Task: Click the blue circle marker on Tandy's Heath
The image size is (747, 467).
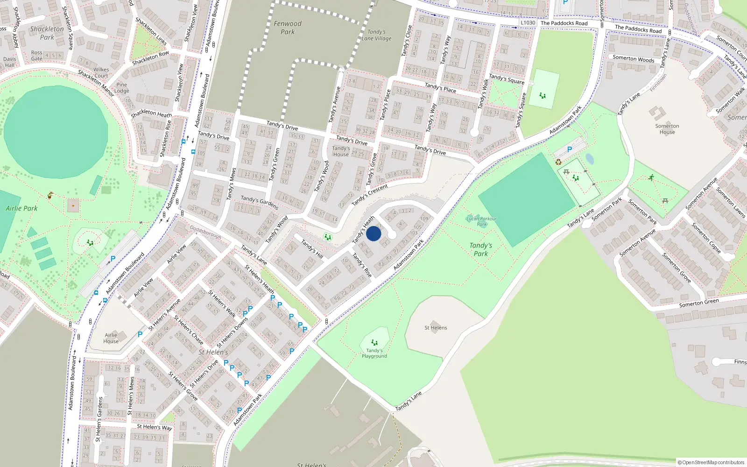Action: (373, 233)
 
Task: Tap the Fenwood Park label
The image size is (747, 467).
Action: (288, 28)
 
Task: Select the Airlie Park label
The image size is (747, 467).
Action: (21, 208)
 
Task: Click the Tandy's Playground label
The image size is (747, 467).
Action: (374, 353)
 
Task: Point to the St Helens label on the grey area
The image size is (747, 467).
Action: (436, 328)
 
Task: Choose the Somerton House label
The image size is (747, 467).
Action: (667, 129)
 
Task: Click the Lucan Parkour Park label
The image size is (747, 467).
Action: (481, 221)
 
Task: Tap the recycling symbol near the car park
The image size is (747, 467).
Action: (558, 162)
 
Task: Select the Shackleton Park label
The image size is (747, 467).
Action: (47, 33)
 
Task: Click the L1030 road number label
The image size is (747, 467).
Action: (528, 22)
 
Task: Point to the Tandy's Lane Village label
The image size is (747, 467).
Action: (376, 35)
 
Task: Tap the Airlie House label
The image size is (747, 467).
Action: (111, 338)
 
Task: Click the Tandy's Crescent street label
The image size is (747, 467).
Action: (370, 195)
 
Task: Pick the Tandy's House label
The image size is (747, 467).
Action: (341, 151)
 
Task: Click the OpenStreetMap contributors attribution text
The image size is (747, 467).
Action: (711, 462)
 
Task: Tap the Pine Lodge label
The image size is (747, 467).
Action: (122, 88)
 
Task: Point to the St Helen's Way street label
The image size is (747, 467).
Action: (155, 427)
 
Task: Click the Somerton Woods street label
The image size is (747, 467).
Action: (634, 59)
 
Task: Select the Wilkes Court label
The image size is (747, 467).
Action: (101, 72)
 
